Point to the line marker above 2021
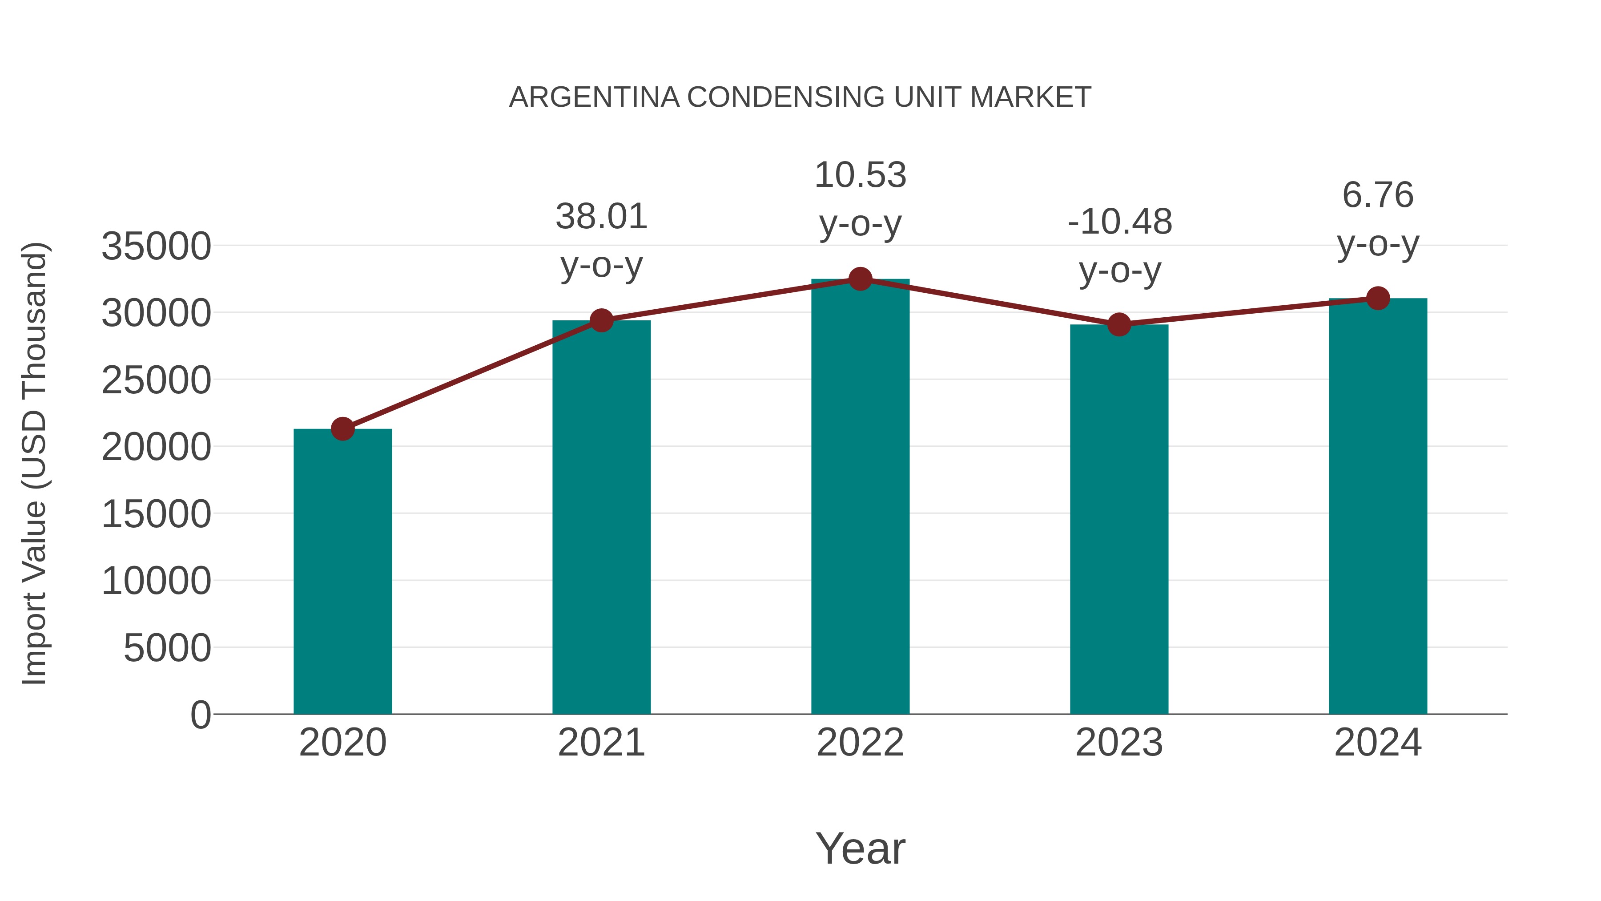point(602,320)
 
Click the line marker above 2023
point(1119,325)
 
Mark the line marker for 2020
point(342,428)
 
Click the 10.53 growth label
point(860,175)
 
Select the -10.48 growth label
point(1119,222)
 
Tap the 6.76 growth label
point(1378,195)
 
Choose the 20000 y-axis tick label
point(156,447)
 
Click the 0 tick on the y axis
point(201,715)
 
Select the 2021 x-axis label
point(602,743)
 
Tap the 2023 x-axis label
point(1119,743)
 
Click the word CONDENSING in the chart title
point(785,97)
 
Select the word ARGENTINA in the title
point(594,97)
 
